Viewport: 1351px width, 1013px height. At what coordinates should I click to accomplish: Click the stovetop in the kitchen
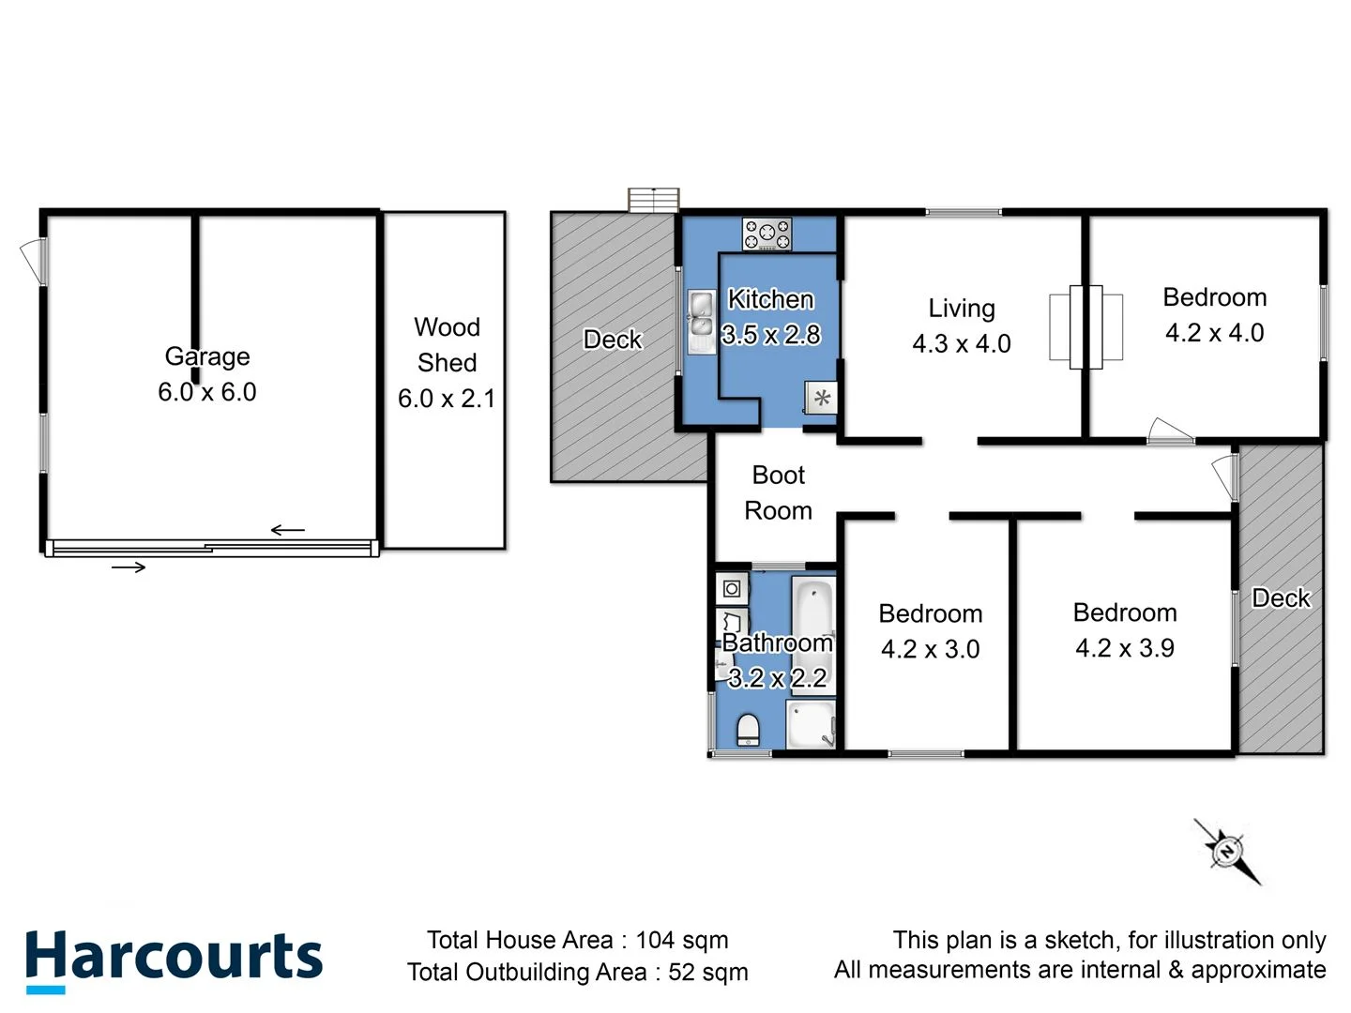coord(767,234)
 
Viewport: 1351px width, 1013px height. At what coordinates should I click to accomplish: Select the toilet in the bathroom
coord(748,729)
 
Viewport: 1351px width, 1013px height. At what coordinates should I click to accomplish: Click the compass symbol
coord(1226,851)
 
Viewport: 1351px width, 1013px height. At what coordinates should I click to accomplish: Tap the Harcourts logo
coord(174,959)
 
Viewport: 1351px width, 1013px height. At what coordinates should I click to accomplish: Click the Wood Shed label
coord(447,344)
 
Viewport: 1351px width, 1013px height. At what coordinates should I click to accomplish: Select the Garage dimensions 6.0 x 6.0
coord(206,392)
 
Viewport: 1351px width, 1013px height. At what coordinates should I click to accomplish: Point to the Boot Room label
coord(778,492)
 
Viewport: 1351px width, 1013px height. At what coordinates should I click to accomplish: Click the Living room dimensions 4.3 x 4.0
coord(961,344)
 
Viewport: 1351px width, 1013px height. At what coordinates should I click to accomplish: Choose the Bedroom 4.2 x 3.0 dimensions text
coord(930,649)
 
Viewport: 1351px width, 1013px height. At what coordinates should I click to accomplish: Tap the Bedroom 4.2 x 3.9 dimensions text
coord(1124,648)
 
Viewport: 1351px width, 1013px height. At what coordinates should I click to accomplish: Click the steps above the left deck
coord(653,200)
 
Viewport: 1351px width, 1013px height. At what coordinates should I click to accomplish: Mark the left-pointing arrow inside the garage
coord(288,531)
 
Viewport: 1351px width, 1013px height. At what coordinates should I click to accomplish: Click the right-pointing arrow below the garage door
coord(129,567)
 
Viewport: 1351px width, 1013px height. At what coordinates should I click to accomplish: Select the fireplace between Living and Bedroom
coord(1085,326)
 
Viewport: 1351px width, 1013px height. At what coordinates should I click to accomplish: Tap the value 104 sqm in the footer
coord(681,940)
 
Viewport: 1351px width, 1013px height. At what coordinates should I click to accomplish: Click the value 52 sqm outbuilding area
coord(707,972)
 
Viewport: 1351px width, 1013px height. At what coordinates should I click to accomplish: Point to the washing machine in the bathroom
coord(732,589)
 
